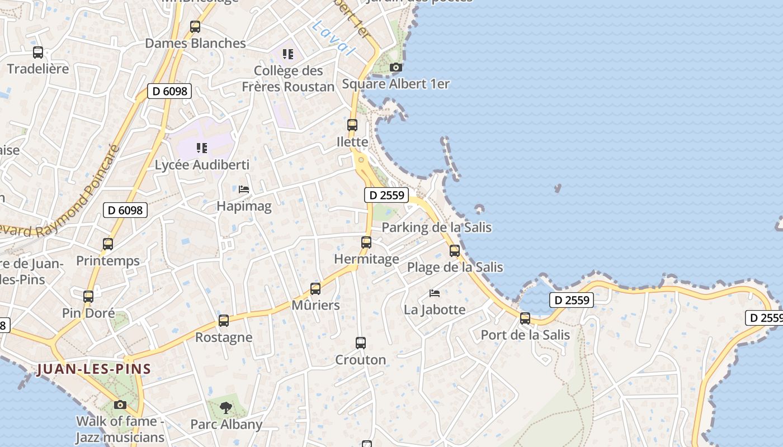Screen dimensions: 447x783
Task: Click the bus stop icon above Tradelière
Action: click(38, 53)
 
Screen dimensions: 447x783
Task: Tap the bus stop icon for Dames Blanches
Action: click(195, 26)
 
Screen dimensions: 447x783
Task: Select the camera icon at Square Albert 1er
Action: click(396, 68)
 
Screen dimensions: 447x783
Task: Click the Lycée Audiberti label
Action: click(202, 165)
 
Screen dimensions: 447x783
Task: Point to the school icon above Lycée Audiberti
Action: click(202, 148)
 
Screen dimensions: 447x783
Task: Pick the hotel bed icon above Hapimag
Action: click(244, 189)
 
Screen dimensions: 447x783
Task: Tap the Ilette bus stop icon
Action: click(352, 125)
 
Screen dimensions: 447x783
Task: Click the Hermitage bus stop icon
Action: click(366, 242)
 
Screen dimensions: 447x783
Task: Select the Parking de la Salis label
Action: click(436, 227)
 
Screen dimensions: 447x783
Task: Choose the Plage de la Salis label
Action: click(455, 267)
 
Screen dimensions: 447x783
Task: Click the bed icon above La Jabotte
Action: click(435, 293)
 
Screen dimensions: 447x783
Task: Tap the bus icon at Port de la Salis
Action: click(525, 318)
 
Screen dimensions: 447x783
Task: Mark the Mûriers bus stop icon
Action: click(315, 289)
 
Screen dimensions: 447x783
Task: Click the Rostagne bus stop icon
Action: click(224, 321)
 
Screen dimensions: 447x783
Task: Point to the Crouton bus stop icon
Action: click(361, 343)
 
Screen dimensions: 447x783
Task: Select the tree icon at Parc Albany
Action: click(226, 408)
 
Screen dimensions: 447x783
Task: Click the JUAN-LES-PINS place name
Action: click(94, 369)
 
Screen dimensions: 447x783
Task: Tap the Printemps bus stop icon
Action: click(108, 244)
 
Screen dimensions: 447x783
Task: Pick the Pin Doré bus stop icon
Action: click(88, 297)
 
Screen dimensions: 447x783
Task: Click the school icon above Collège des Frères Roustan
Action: click(288, 54)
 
